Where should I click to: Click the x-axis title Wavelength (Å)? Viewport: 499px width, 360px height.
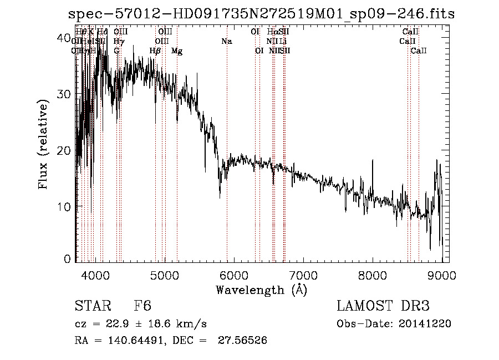click(261, 290)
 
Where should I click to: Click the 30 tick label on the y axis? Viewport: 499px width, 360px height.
click(64, 94)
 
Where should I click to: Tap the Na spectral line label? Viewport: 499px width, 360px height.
click(226, 41)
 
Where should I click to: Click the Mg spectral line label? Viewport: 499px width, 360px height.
click(177, 51)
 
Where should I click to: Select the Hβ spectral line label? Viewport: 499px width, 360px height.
click(155, 51)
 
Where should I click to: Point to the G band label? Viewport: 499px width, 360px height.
click(116, 51)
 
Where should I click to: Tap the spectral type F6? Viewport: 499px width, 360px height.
click(142, 307)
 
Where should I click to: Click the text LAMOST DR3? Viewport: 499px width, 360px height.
click(383, 307)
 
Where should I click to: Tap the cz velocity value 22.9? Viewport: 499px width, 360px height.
click(119, 324)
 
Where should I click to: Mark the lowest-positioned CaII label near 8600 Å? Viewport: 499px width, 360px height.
click(419, 51)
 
